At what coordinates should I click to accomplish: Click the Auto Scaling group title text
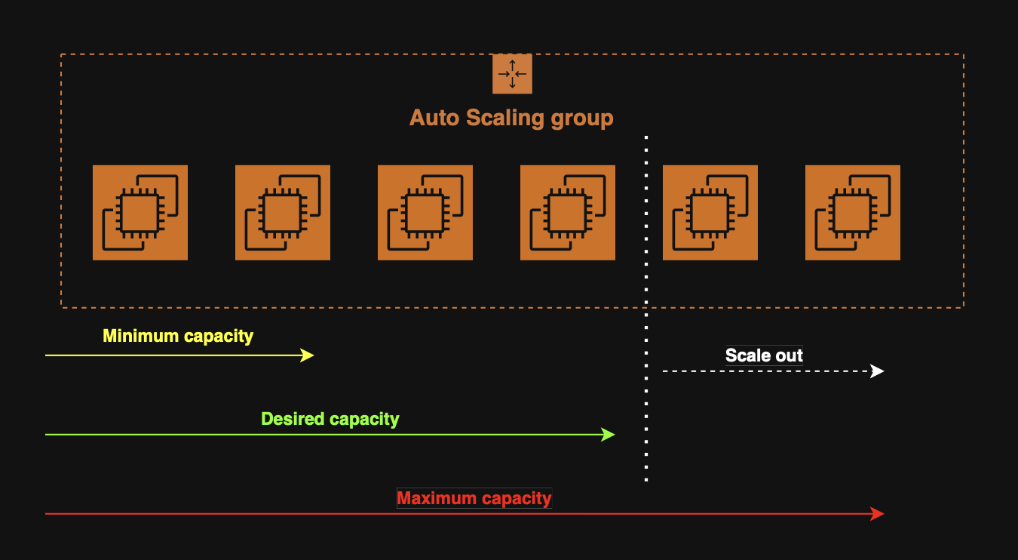(511, 118)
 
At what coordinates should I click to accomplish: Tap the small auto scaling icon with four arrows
(512, 74)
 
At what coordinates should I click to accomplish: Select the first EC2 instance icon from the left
(140, 213)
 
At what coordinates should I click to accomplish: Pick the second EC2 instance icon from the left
(283, 213)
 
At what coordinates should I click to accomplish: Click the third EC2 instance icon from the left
(425, 213)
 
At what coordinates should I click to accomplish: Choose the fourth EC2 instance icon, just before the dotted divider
(568, 213)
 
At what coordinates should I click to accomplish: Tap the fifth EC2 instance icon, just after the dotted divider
(710, 213)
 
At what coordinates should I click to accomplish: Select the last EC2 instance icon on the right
(853, 213)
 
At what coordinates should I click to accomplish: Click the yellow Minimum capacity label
(178, 336)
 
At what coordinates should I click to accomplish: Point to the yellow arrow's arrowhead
(308, 355)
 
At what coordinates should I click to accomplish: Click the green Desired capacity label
(330, 419)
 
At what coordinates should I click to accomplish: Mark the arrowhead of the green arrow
(609, 435)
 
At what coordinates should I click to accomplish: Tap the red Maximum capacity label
(474, 498)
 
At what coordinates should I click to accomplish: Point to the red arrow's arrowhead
(878, 514)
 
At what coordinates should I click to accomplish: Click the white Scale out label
(764, 355)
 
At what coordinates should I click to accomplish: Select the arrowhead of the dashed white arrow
(878, 371)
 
